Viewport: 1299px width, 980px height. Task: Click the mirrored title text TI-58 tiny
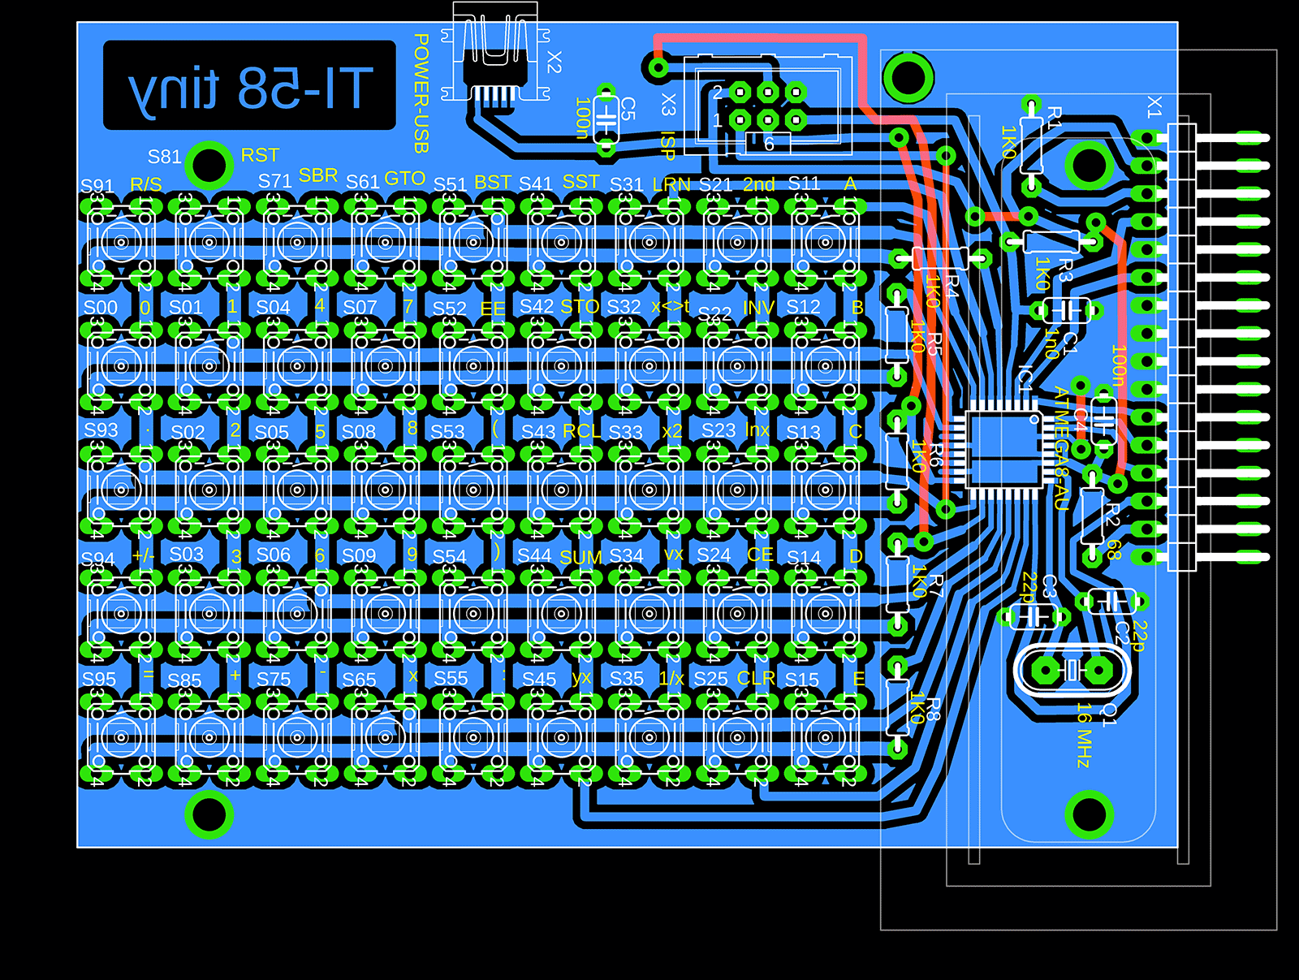250,87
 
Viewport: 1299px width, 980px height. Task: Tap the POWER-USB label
421,93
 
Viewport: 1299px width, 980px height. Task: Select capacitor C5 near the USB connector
606,118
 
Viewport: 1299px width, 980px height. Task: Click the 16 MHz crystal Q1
1072,671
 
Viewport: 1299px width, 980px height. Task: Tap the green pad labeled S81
209,165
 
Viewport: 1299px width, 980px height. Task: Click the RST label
260,155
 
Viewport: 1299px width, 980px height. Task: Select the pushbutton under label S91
121,241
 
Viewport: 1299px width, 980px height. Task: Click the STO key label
580,307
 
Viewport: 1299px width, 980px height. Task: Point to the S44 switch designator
534,555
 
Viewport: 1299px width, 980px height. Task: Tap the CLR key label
756,678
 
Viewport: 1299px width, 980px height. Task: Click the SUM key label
580,558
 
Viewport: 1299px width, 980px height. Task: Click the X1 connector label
1154,106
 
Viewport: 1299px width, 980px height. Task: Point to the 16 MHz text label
1084,735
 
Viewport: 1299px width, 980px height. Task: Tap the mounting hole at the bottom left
209,814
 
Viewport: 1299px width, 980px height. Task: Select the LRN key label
671,185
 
